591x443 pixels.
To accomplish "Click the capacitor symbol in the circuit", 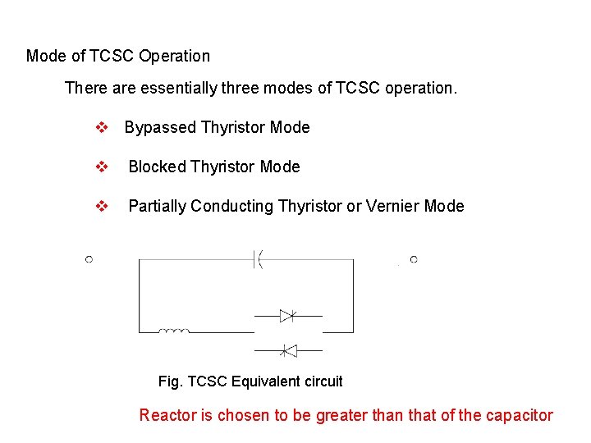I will point(257,260).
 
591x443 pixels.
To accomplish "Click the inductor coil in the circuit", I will point(174,331).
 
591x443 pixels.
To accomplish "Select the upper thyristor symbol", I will point(287,316).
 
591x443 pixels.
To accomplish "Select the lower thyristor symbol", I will point(287,351).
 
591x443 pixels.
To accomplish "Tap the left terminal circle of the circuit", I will point(89,259).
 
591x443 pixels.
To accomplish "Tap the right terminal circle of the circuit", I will point(414,259).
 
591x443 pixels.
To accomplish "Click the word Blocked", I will point(158,167).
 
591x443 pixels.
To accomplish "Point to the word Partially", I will point(158,207).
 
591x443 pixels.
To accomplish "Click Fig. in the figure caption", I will point(171,381).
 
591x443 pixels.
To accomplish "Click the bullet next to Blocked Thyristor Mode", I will point(102,167).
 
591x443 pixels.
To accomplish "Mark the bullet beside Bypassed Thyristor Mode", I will point(102,128).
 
